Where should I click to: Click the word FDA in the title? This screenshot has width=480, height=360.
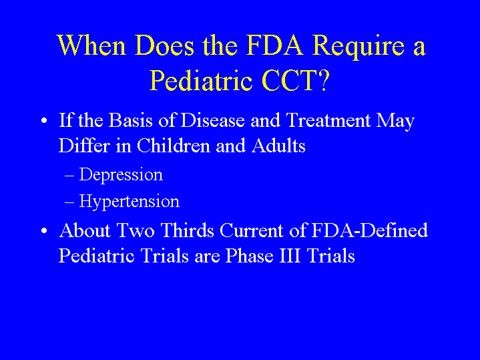tap(274, 45)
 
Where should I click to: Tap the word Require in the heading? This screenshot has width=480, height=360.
tap(358, 47)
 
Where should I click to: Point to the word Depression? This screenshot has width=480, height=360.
tap(121, 175)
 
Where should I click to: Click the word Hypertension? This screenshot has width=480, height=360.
tap(130, 202)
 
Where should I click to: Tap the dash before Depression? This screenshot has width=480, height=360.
tap(69, 176)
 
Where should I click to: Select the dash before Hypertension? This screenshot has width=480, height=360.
tap(69, 202)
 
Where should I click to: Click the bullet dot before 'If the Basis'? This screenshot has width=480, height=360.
tap(44, 121)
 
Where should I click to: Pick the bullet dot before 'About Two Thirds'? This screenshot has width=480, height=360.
tap(44, 230)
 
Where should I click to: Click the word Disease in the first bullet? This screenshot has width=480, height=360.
tap(212, 120)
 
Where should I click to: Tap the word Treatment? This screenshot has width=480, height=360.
tap(328, 120)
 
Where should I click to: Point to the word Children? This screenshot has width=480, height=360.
tap(174, 145)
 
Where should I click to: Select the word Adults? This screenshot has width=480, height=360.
tap(278, 145)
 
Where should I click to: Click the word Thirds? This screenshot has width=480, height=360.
tap(187, 230)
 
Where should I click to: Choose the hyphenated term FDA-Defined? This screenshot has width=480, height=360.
tap(369, 230)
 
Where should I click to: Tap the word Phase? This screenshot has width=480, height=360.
tap(249, 256)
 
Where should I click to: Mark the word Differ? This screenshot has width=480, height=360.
tap(84, 145)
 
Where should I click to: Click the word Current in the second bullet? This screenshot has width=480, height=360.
tap(252, 230)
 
